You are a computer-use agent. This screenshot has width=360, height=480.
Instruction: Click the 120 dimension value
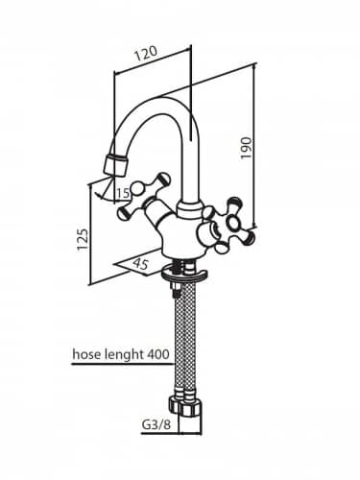pyautogui.click(x=146, y=54)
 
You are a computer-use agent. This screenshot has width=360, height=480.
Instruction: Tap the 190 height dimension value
pyautogui.click(x=246, y=148)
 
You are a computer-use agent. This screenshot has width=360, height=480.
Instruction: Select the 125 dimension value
pyautogui.click(x=82, y=239)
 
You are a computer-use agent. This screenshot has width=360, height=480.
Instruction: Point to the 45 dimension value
pyautogui.click(x=140, y=265)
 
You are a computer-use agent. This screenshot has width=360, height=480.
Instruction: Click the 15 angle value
pyautogui.click(x=123, y=193)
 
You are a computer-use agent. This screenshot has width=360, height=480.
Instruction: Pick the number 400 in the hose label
pyautogui.click(x=157, y=354)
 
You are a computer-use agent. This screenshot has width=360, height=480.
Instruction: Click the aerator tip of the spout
pyautogui.click(x=116, y=165)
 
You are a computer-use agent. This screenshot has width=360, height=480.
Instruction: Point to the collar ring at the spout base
pyautogui.click(x=190, y=209)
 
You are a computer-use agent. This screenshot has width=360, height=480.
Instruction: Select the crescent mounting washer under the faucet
pyautogui.click(x=185, y=275)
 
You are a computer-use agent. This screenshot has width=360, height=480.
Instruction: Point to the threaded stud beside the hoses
pyautogui.click(x=175, y=285)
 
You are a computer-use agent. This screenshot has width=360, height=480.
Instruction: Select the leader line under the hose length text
pyautogui.click(x=123, y=364)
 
